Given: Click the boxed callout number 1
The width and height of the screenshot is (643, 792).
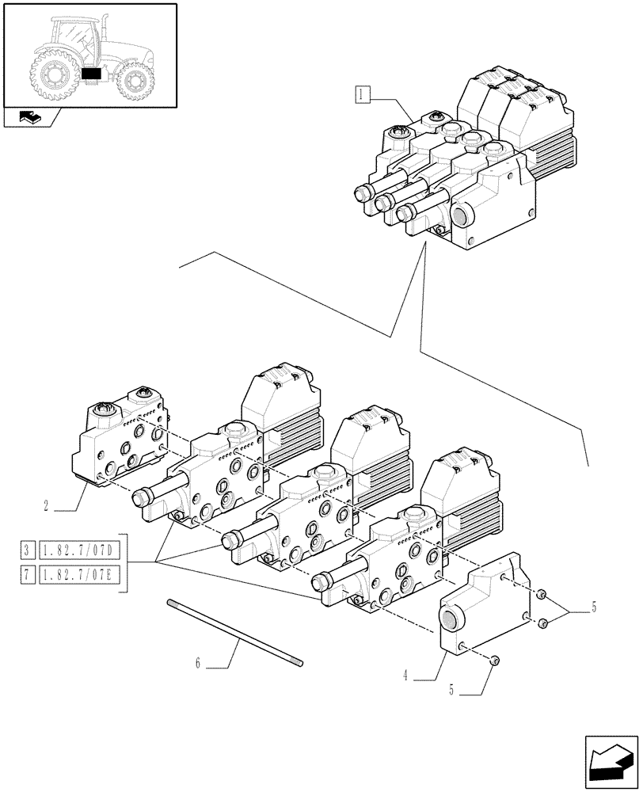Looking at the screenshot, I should coord(361,97).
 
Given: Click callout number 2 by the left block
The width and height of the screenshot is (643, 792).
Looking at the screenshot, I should coord(48,504).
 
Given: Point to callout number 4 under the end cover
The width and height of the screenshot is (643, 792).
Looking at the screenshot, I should coord(405,676).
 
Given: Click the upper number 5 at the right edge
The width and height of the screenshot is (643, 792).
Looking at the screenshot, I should coord(594,608).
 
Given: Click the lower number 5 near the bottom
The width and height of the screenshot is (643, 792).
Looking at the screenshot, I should coord(452,689).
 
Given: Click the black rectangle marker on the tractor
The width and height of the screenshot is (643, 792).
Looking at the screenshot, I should coord(92,74).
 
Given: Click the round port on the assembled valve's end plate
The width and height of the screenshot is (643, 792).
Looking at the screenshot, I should coord(462,217).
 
